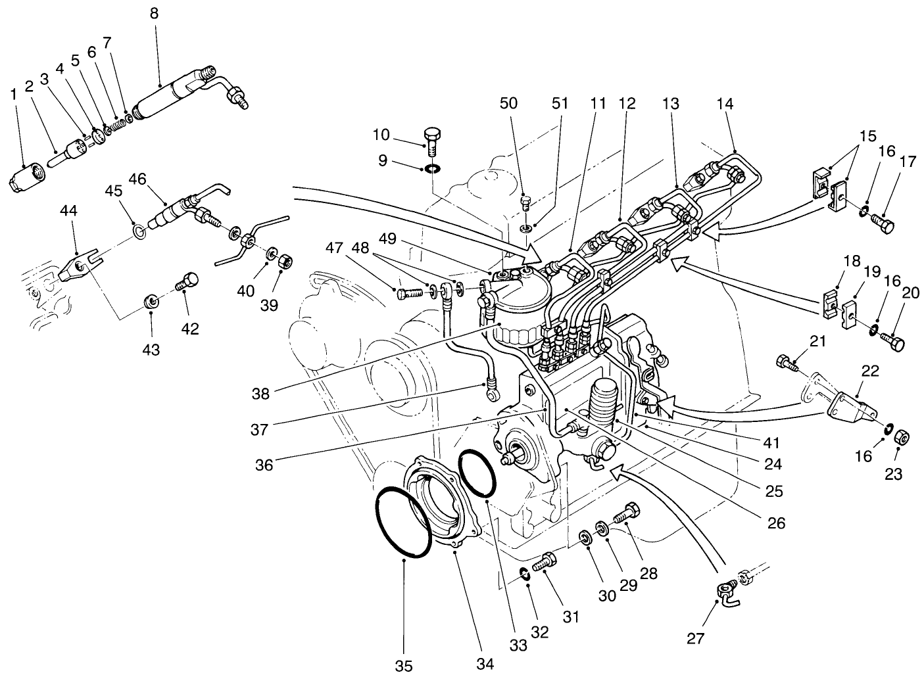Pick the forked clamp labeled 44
click(77, 266)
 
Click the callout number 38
click(260, 394)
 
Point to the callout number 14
click(724, 103)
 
